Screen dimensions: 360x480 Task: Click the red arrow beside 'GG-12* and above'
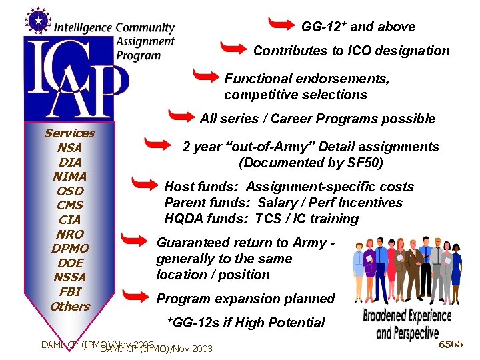coord(280,24)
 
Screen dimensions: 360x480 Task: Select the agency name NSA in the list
coord(70,147)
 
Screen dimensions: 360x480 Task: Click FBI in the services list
coord(70,291)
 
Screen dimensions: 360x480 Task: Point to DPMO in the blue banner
coord(70,248)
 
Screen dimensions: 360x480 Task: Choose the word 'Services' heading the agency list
coord(70,133)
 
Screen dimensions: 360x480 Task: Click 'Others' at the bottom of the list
coord(70,306)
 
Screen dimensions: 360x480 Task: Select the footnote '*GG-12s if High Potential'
coord(246,323)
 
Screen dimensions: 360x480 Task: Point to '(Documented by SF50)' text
coord(311,163)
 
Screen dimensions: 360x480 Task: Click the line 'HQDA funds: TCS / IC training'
coord(261,219)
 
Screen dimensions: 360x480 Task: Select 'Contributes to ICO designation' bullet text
coord(351,51)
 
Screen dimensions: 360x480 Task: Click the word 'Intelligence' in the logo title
coord(83,28)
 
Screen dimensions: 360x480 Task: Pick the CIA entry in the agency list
coord(70,219)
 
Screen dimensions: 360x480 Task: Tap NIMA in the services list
coord(70,176)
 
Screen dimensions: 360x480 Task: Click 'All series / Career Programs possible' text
coord(317,119)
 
